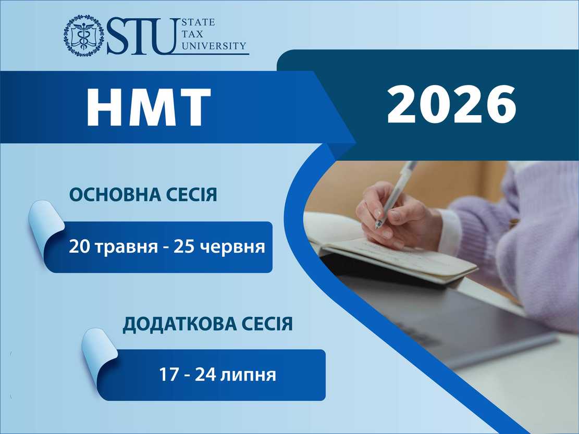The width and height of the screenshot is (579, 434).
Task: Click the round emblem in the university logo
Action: tap(83, 35)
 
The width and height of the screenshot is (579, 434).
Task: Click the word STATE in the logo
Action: tap(198, 22)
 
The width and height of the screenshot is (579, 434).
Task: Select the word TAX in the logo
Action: tap(192, 34)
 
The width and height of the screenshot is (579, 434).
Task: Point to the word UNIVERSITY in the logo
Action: tap(214, 46)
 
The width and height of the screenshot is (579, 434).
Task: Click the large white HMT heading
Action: tap(149, 107)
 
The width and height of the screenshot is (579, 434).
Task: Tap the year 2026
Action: tap(451, 104)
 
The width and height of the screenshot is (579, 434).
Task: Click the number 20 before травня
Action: tap(79, 246)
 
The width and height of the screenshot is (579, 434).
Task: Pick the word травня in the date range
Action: tap(127, 247)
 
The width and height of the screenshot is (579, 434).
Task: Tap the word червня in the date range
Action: tap(232, 247)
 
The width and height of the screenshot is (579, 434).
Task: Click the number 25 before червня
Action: tap(184, 246)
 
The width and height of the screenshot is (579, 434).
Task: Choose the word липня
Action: tap(248, 375)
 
